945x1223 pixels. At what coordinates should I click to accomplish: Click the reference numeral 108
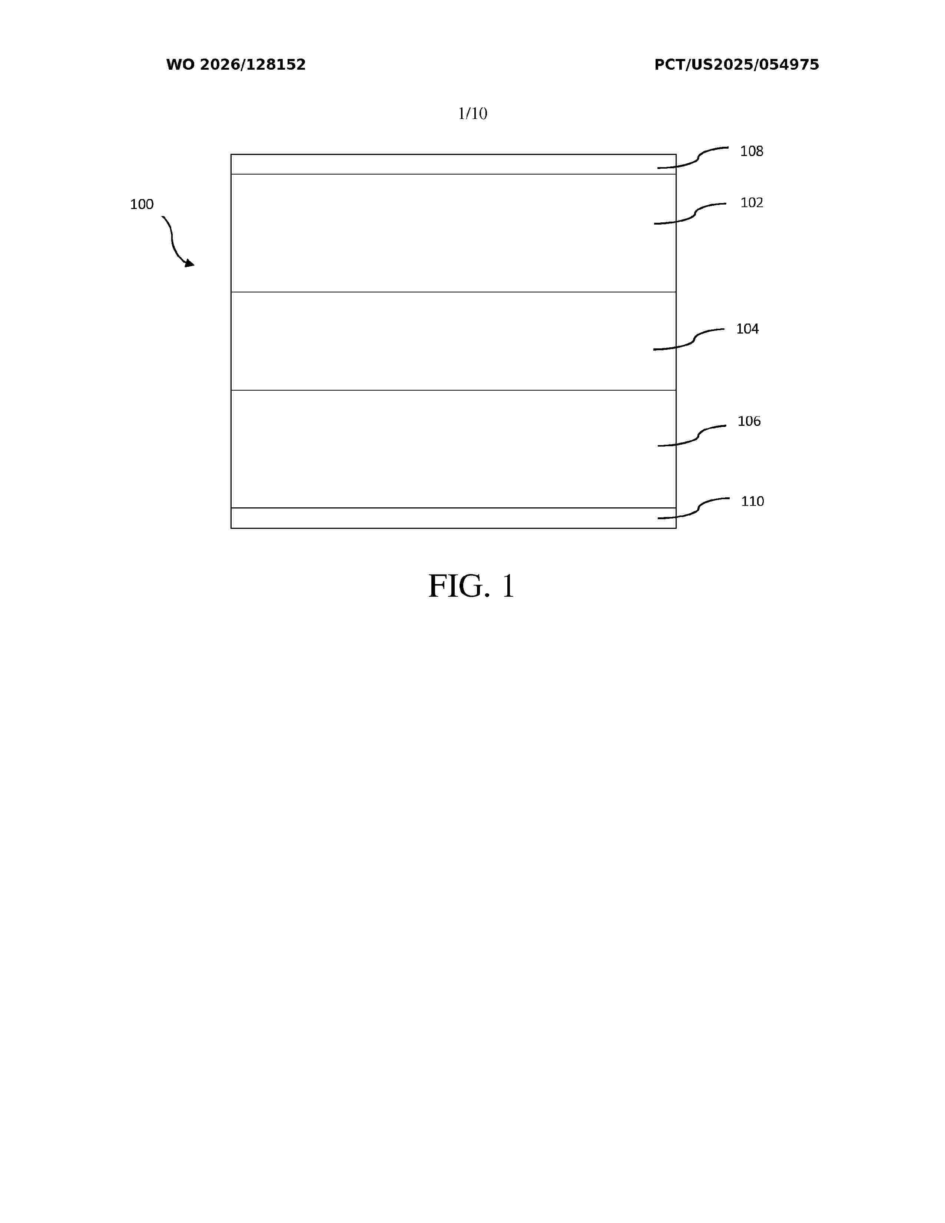tap(751, 151)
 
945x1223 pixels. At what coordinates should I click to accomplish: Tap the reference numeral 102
tap(751, 203)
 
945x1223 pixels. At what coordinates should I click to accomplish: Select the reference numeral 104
tap(747, 329)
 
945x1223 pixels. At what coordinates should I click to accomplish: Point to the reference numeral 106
tap(749, 421)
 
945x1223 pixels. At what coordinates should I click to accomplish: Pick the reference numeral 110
tap(752, 501)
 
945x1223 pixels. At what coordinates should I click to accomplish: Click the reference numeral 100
tap(142, 205)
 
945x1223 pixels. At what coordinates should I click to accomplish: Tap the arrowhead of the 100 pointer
tap(190, 263)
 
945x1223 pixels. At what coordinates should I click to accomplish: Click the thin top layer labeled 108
tap(454, 164)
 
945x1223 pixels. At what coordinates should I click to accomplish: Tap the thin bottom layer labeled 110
tap(454, 518)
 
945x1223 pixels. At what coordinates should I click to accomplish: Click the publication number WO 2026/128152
tap(236, 65)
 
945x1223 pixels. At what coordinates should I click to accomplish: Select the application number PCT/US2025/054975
tap(737, 65)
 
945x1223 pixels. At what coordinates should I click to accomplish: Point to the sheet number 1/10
tap(472, 114)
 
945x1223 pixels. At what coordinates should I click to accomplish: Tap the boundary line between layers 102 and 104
tap(454, 292)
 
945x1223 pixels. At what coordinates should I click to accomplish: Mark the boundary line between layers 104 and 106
tap(454, 390)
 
